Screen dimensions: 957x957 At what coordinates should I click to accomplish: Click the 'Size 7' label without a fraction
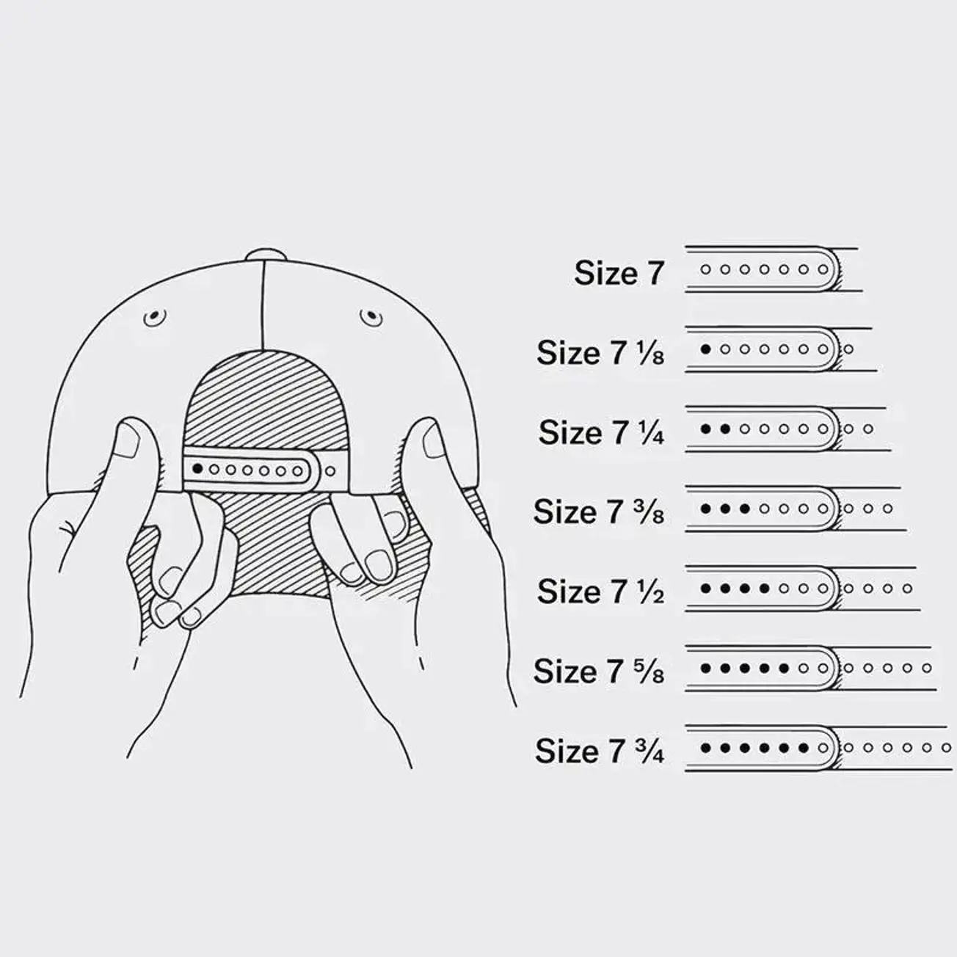tap(619, 273)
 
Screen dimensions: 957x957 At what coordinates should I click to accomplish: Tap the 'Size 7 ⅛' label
tap(600, 353)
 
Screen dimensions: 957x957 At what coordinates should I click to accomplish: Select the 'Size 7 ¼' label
tap(601, 432)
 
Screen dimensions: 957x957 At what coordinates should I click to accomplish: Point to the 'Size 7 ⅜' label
tap(599, 512)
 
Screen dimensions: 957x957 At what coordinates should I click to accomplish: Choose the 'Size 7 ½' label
tap(600, 591)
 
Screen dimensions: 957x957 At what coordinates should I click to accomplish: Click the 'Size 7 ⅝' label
tap(599, 671)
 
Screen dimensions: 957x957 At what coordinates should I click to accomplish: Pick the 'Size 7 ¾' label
tap(600, 751)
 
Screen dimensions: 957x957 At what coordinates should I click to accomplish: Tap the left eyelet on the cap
tap(154, 318)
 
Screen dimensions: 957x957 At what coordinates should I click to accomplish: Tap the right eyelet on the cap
tap(371, 317)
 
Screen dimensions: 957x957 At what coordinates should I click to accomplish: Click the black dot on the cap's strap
tap(197, 467)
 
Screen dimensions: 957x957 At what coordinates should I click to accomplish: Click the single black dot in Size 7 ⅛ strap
tap(706, 349)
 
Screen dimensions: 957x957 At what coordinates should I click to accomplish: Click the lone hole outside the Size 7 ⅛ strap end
tap(849, 349)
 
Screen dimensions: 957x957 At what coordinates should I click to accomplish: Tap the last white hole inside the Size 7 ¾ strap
tap(823, 748)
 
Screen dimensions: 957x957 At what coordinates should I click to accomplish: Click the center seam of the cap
tap(263, 308)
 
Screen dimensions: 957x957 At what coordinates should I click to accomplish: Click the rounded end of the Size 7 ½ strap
tap(831, 588)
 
